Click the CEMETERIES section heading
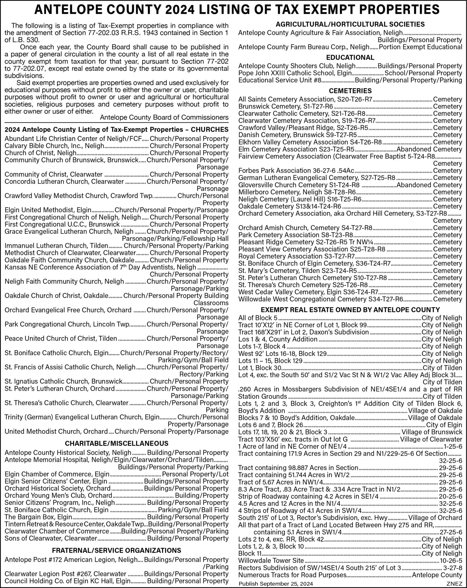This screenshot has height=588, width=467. click(350, 91)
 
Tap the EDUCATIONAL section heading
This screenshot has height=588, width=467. click(350, 57)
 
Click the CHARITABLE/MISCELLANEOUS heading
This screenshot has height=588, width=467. click(116, 443)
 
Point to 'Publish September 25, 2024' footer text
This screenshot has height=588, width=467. click(276, 584)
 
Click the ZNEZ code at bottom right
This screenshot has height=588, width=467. click(454, 584)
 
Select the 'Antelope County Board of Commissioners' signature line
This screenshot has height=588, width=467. click(164, 117)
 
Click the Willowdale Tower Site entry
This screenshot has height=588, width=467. click(271, 560)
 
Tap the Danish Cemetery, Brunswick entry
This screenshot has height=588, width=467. click(297, 135)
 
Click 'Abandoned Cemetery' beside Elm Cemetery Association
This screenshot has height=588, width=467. click(429, 149)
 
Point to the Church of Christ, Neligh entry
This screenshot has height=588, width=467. click(40, 153)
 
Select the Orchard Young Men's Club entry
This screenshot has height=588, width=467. click(58, 496)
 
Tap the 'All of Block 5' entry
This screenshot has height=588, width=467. click(258, 318)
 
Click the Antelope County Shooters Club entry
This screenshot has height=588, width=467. click(297, 66)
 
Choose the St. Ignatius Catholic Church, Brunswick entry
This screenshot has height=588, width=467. click(64, 381)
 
